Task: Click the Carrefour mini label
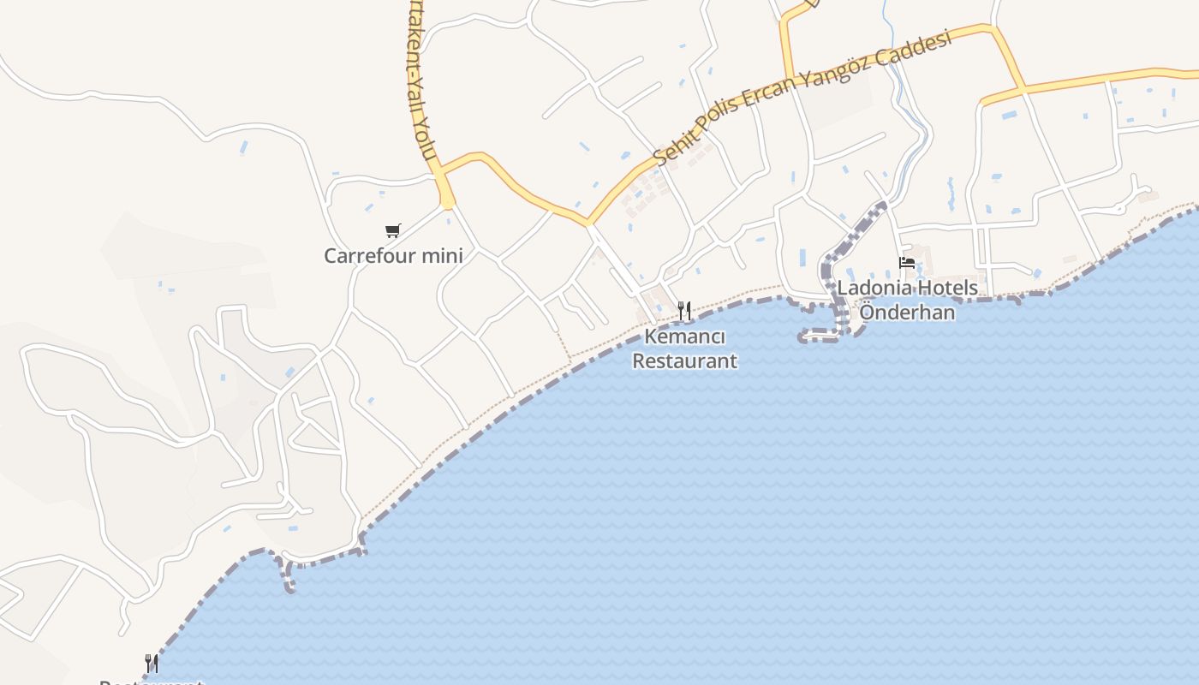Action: coord(393,255)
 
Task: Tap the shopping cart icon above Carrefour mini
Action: coord(393,230)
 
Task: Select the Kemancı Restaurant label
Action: coord(684,348)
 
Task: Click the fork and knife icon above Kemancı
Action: coord(684,311)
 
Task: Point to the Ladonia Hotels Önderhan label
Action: coord(907,300)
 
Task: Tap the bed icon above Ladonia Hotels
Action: coord(907,263)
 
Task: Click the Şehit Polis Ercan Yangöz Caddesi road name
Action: coord(802,97)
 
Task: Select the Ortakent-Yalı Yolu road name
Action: coord(420,81)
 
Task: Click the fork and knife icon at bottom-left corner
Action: coord(152,664)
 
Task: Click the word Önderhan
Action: coord(907,312)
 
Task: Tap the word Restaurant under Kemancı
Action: coord(684,360)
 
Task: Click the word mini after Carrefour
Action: coord(443,255)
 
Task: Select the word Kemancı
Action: coord(684,337)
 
